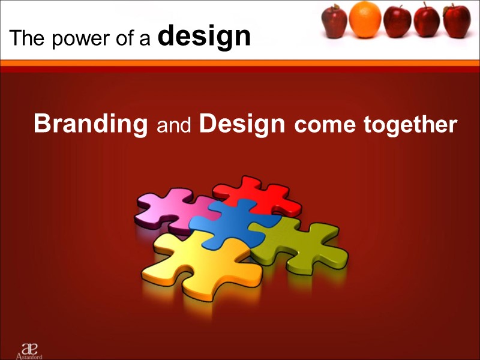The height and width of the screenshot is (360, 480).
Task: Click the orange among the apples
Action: (x=365, y=20)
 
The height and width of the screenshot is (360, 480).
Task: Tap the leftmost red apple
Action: (x=334, y=22)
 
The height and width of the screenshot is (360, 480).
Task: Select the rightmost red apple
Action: (x=457, y=22)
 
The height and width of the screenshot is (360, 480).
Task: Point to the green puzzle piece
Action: (x=300, y=243)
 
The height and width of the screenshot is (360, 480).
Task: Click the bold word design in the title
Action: (x=204, y=37)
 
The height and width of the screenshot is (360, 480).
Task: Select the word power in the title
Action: (x=71, y=39)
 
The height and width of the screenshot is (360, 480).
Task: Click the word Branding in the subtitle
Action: (x=91, y=124)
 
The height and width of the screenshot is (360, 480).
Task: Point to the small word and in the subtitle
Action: (x=173, y=126)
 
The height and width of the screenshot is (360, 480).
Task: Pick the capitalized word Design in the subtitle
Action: (x=242, y=124)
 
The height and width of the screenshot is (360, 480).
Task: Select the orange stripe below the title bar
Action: (x=240, y=63)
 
